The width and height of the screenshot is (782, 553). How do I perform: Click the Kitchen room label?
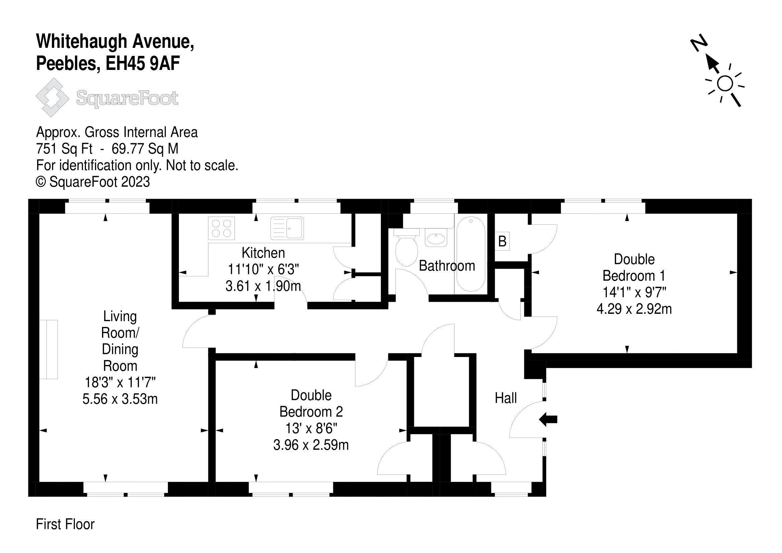click(263, 253)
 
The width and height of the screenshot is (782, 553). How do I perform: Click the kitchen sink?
click(287, 228)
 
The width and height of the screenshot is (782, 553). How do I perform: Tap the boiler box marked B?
click(502, 241)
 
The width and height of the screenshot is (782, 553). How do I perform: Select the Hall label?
click(506, 398)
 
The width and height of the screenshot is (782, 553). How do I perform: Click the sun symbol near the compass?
click(725, 84)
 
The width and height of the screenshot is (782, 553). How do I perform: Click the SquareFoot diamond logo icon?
click(52, 97)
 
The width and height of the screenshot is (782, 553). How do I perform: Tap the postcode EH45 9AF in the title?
click(143, 64)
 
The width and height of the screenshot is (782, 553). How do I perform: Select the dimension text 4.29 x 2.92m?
click(634, 309)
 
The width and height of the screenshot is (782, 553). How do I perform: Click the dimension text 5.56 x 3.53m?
click(120, 399)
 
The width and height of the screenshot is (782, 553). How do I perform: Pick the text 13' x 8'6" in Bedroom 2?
click(311, 428)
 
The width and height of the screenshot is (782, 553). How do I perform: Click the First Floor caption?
click(65, 524)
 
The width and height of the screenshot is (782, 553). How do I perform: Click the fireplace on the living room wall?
click(49, 349)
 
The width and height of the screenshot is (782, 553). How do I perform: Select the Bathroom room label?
click(447, 266)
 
